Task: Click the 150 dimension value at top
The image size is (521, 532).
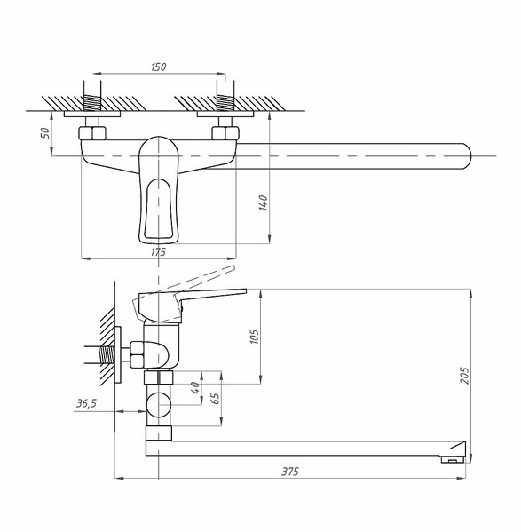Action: point(158,67)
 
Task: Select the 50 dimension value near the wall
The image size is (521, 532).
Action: point(45,132)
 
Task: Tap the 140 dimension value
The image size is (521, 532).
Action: point(264,202)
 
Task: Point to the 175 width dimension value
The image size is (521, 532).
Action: point(158,252)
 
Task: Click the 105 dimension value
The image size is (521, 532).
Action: point(254,337)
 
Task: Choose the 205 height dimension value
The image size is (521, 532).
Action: point(464,376)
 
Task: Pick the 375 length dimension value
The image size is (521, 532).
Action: point(290,472)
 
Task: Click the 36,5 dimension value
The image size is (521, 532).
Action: point(86,403)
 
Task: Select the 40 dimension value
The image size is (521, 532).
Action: point(195,387)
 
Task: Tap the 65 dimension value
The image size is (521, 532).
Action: point(216,398)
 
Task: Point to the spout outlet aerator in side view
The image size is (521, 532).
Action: point(452,459)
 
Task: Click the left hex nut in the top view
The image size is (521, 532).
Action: point(92,133)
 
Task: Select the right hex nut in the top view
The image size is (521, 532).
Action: point(225,133)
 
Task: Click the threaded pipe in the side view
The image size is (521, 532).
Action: point(107,355)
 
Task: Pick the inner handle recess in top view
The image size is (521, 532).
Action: point(158,209)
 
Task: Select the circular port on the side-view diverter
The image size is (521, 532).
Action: point(159,405)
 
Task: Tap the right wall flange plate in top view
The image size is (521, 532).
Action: point(225,114)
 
